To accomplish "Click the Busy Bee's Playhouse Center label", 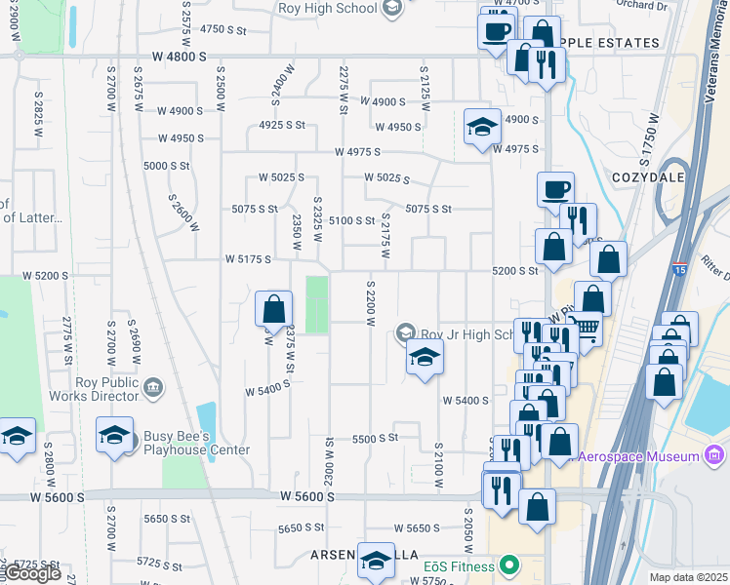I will [x=196, y=443].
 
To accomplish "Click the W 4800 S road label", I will [x=179, y=57].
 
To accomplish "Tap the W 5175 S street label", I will [x=247, y=259].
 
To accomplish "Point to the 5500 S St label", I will [x=376, y=439].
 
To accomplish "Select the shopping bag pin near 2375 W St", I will [x=274, y=310].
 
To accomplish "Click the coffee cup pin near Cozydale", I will [x=555, y=189].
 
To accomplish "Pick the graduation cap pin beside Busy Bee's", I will [x=114, y=435].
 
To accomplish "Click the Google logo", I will [x=32, y=573].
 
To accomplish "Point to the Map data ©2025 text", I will [x=688, y=577].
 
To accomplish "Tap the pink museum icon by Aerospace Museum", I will [x=713, y=455].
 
